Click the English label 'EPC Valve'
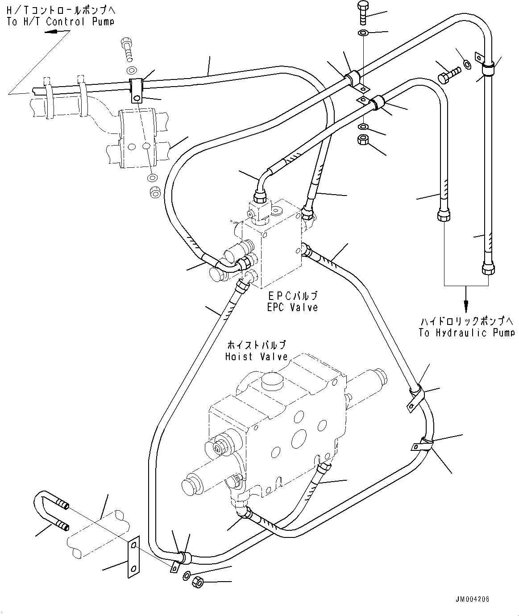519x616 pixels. pyautogui.click(x=292, y=307)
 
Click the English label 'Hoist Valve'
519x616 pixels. pyautogui.click(x=256, y=356)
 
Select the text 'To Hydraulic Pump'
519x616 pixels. pyautogui.click(x=466, y=333)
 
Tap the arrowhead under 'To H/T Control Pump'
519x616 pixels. pyautogui.click(x=53, y=32)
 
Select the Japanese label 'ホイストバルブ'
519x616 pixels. pyautogui.click(x=256, y=345)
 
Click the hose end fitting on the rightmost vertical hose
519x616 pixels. pyautogui.click(x=487, y=269)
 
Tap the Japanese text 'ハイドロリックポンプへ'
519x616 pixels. pyautogui.click(x=466, y=321)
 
